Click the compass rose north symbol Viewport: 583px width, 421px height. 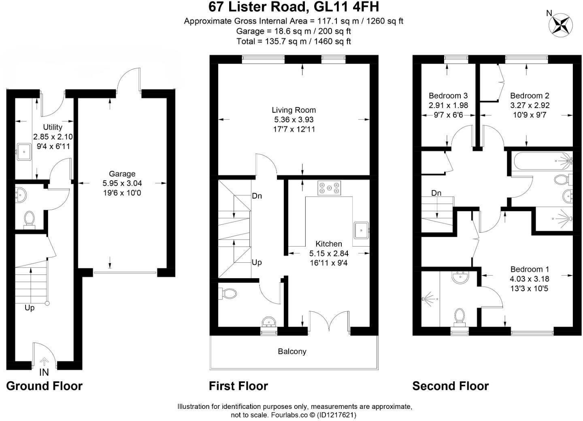pos(560,24)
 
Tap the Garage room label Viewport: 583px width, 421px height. pos(122,174)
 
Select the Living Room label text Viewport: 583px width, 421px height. pos(294,110)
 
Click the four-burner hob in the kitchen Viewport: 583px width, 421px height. pos(329,187)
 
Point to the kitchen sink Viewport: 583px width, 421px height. pos(361,230)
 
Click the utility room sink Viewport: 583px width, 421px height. pos(25,152)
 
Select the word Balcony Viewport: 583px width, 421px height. pos(292,351)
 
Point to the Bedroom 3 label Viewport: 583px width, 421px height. pos(448,96)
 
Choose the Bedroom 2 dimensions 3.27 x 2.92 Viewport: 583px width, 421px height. pos(530,105)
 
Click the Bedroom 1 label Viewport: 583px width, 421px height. pos(530,269)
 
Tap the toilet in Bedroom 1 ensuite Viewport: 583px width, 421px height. pos(460,316)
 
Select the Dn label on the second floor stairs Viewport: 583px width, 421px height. pos(436,193)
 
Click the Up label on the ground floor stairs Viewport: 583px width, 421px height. pos(30,308)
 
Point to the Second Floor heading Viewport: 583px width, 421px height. pos(450,386)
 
